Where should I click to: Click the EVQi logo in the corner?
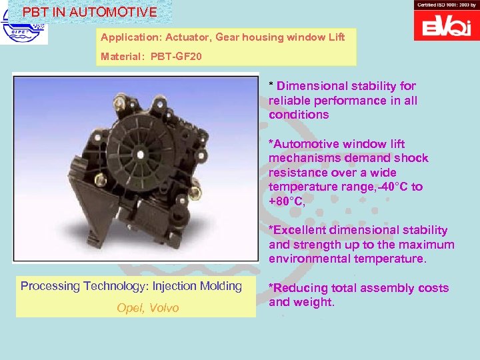tap(447, 27)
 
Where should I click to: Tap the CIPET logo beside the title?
tap(24, 33)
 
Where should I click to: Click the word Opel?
tap(131, 308)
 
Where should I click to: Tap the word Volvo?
tap(163, 308)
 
